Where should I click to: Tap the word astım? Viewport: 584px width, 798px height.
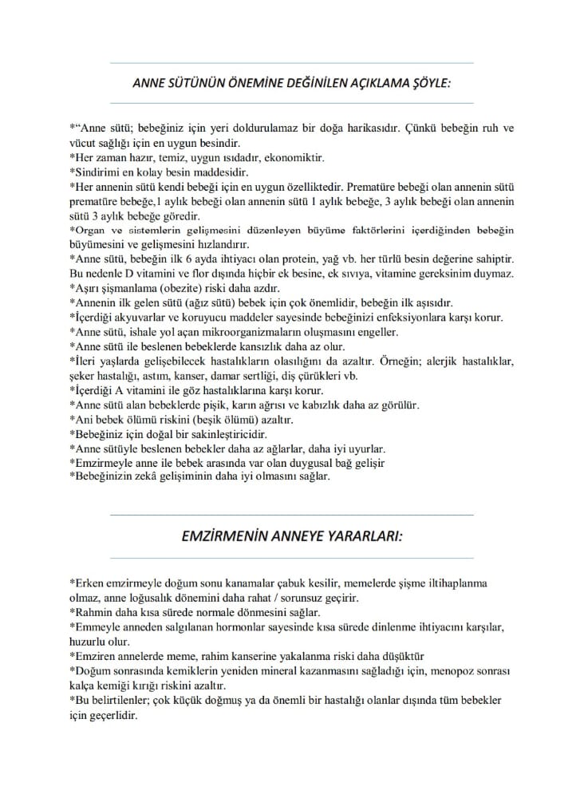(155, 375)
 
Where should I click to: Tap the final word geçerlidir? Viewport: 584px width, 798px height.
(117, 716)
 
